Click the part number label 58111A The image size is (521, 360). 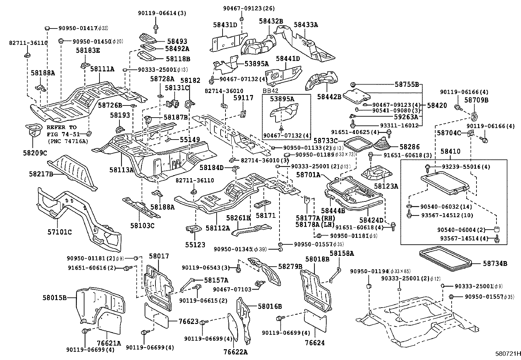102,69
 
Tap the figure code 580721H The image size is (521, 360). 507,354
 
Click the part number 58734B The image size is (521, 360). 495,263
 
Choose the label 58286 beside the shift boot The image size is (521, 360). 409,147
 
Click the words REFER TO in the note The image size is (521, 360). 61,127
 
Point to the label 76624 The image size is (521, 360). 315,343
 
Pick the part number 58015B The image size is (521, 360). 54,298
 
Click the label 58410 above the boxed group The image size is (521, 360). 450,151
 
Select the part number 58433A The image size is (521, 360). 306,25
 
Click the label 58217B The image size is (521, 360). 41,174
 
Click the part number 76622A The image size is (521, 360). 236,352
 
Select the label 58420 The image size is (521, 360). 437,105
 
